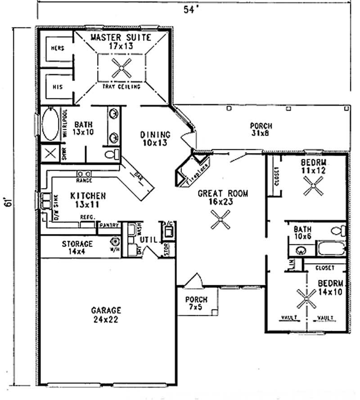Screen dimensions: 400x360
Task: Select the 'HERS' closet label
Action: tap(57, 48)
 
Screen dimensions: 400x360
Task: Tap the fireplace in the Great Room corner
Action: tap(191, 171)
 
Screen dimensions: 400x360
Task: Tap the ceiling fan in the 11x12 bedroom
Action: tap(313, 185)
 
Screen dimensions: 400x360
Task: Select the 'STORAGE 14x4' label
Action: tap(77, 247)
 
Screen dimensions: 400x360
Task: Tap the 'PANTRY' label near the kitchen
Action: tap(110, 225)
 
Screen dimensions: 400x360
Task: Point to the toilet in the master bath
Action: tap(111, 154)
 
